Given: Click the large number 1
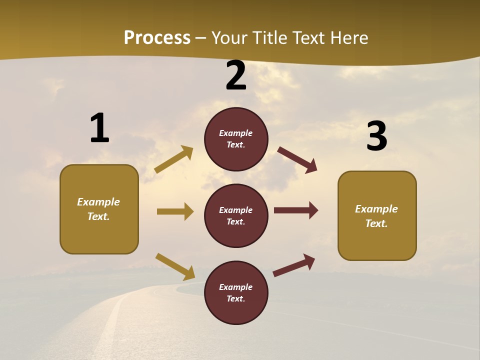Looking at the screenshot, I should (99, 128).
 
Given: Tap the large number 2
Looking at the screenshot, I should (236, 75).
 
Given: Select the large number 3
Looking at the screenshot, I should (376, 136).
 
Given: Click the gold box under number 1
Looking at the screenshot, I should (99, 209).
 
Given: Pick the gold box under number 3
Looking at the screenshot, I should (377, 216).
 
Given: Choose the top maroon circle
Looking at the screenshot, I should (236, 139).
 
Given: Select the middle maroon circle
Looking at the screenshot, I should (236, 215).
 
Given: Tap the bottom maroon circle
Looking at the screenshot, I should (236, 292).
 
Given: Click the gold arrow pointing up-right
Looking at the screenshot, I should (174, 159).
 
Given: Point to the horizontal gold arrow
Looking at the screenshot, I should (175, 211).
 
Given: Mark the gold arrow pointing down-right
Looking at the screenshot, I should (175, 266).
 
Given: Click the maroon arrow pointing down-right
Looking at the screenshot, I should (297, 160).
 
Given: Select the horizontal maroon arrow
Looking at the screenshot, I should (296, 210).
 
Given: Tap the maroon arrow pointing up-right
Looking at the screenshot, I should (294, 265).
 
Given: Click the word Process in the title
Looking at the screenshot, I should (157, 37).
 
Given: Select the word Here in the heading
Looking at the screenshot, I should (348, 38).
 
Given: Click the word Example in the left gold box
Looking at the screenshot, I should (98, 202).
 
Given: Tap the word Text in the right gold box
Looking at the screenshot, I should (376, 223).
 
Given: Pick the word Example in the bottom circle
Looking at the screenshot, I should (236, 287).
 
